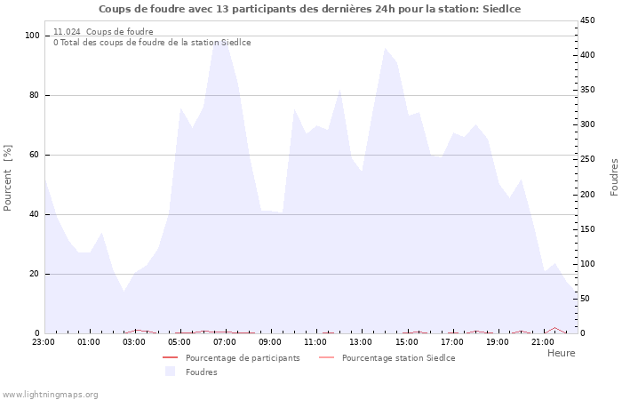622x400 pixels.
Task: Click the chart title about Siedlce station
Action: [309, 9]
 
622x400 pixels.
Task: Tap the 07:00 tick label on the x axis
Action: [225, 342]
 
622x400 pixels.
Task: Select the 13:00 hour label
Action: [361, 342]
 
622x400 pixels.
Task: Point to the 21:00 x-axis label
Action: [542, 342]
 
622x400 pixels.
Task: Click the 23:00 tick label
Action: [44, 342]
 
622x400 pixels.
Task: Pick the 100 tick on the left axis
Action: [33, 36]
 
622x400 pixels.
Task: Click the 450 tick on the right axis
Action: [587, 20]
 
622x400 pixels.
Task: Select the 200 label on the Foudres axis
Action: [587, 195]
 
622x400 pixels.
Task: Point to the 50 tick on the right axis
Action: [585, 299]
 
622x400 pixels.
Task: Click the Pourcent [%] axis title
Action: [8, 178]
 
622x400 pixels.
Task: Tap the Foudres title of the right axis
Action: [614, 177]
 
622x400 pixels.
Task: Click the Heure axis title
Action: [561, 353]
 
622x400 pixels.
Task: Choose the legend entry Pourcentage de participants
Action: [243, 358]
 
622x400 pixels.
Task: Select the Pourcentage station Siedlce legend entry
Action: [398, 358]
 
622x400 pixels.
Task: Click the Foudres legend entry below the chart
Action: [201, 372]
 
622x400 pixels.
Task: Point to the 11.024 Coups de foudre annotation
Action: [103, 32]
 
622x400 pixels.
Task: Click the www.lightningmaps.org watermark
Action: [51, 394]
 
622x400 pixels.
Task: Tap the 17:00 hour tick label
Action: [451, 342]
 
